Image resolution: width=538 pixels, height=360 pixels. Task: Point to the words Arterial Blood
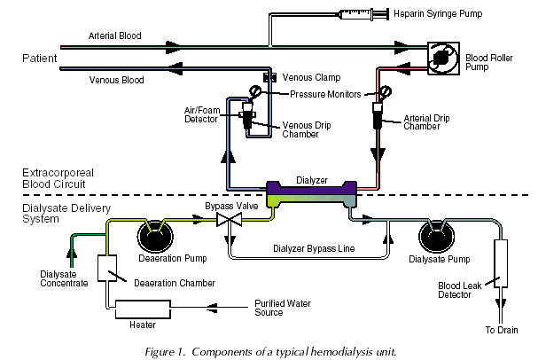pos(114,36)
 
